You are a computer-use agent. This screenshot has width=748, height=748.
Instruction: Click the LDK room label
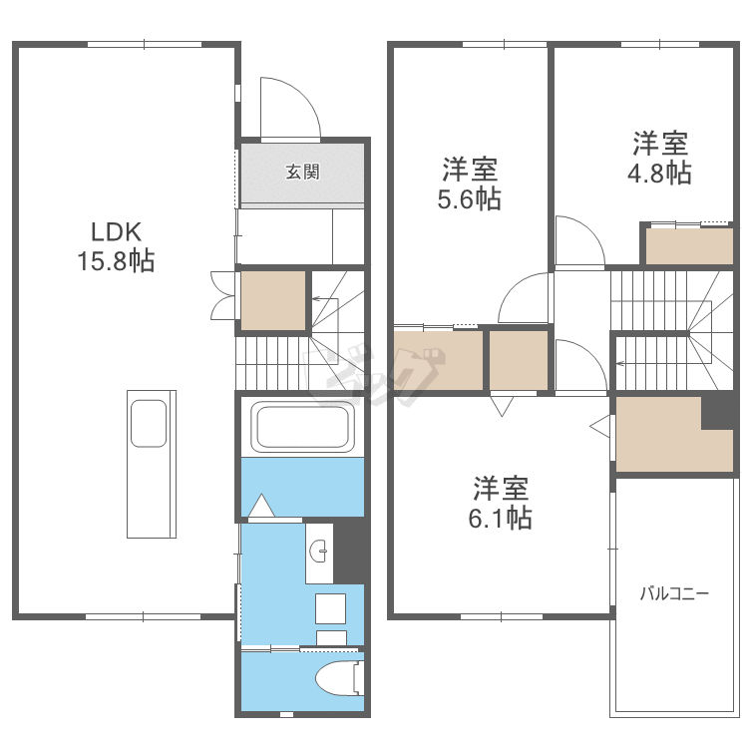(x=115, y=233)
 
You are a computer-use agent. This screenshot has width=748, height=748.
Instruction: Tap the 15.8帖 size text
(x=115, y=261)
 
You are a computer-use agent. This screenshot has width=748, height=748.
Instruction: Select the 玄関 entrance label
(x=302, y=172)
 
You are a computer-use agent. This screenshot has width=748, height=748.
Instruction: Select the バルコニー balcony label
(x=674, y=595)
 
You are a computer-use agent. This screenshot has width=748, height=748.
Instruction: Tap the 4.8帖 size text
(x=658, y=173)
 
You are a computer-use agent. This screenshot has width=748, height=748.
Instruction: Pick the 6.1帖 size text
(x=502, y=518)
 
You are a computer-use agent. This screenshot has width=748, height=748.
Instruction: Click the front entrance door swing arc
(x=289, y=108)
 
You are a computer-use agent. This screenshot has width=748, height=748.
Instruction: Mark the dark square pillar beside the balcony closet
(x=716, y=411)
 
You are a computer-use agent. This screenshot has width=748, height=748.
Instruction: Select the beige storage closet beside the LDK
(x=273, y=300)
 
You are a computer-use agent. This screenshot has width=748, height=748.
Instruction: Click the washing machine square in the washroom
(x=330, y=608)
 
